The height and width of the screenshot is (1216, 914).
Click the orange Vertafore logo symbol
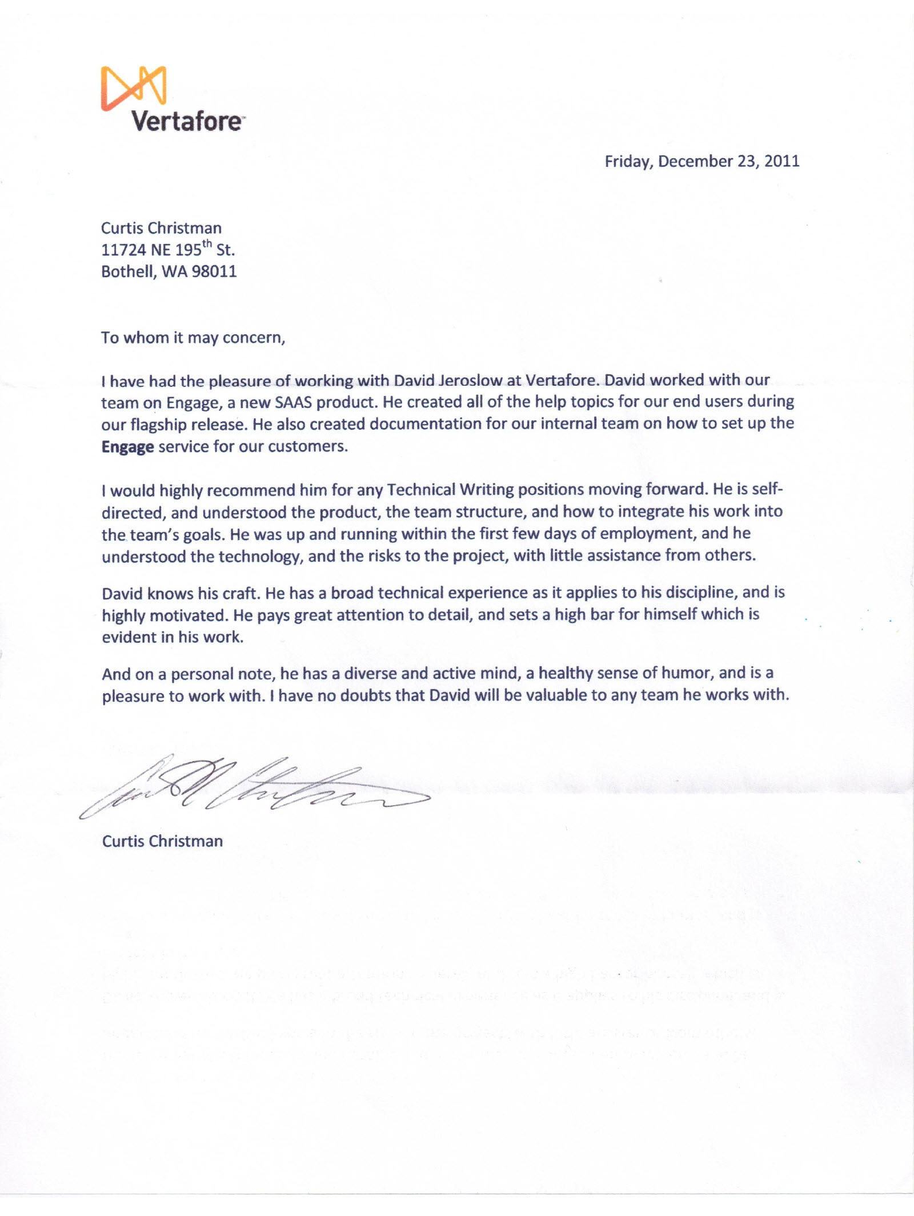click(x=134, y=87)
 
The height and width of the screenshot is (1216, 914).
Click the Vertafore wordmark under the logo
click(x=187, y=121)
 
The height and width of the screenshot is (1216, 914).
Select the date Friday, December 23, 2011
click(x=701, y=161)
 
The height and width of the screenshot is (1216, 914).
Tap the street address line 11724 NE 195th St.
click(x=168, y=250)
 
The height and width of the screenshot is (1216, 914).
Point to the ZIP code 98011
click(x=214, y=271)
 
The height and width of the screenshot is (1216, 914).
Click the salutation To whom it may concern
click(x=193, y=338)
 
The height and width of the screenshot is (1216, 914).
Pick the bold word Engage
click(x=127, y=447)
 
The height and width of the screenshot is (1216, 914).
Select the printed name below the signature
click(x=162, y=841)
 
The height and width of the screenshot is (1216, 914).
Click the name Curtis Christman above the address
click(x=161, y=228)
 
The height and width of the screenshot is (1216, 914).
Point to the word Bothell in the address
click(x=127, y=271)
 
